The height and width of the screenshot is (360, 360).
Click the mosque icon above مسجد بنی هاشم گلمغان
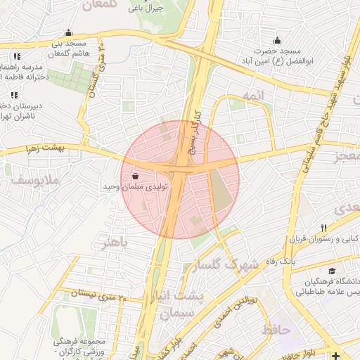click(x=67, y=32)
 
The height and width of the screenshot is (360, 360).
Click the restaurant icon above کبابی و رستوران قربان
click(x=323, y=228)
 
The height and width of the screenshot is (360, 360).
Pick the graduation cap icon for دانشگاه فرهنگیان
click(x=331, y=271)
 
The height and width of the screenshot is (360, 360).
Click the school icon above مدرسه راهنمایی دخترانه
click(x=16, y=57)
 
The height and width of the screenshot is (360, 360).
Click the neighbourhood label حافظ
click(x=276, y=328)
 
